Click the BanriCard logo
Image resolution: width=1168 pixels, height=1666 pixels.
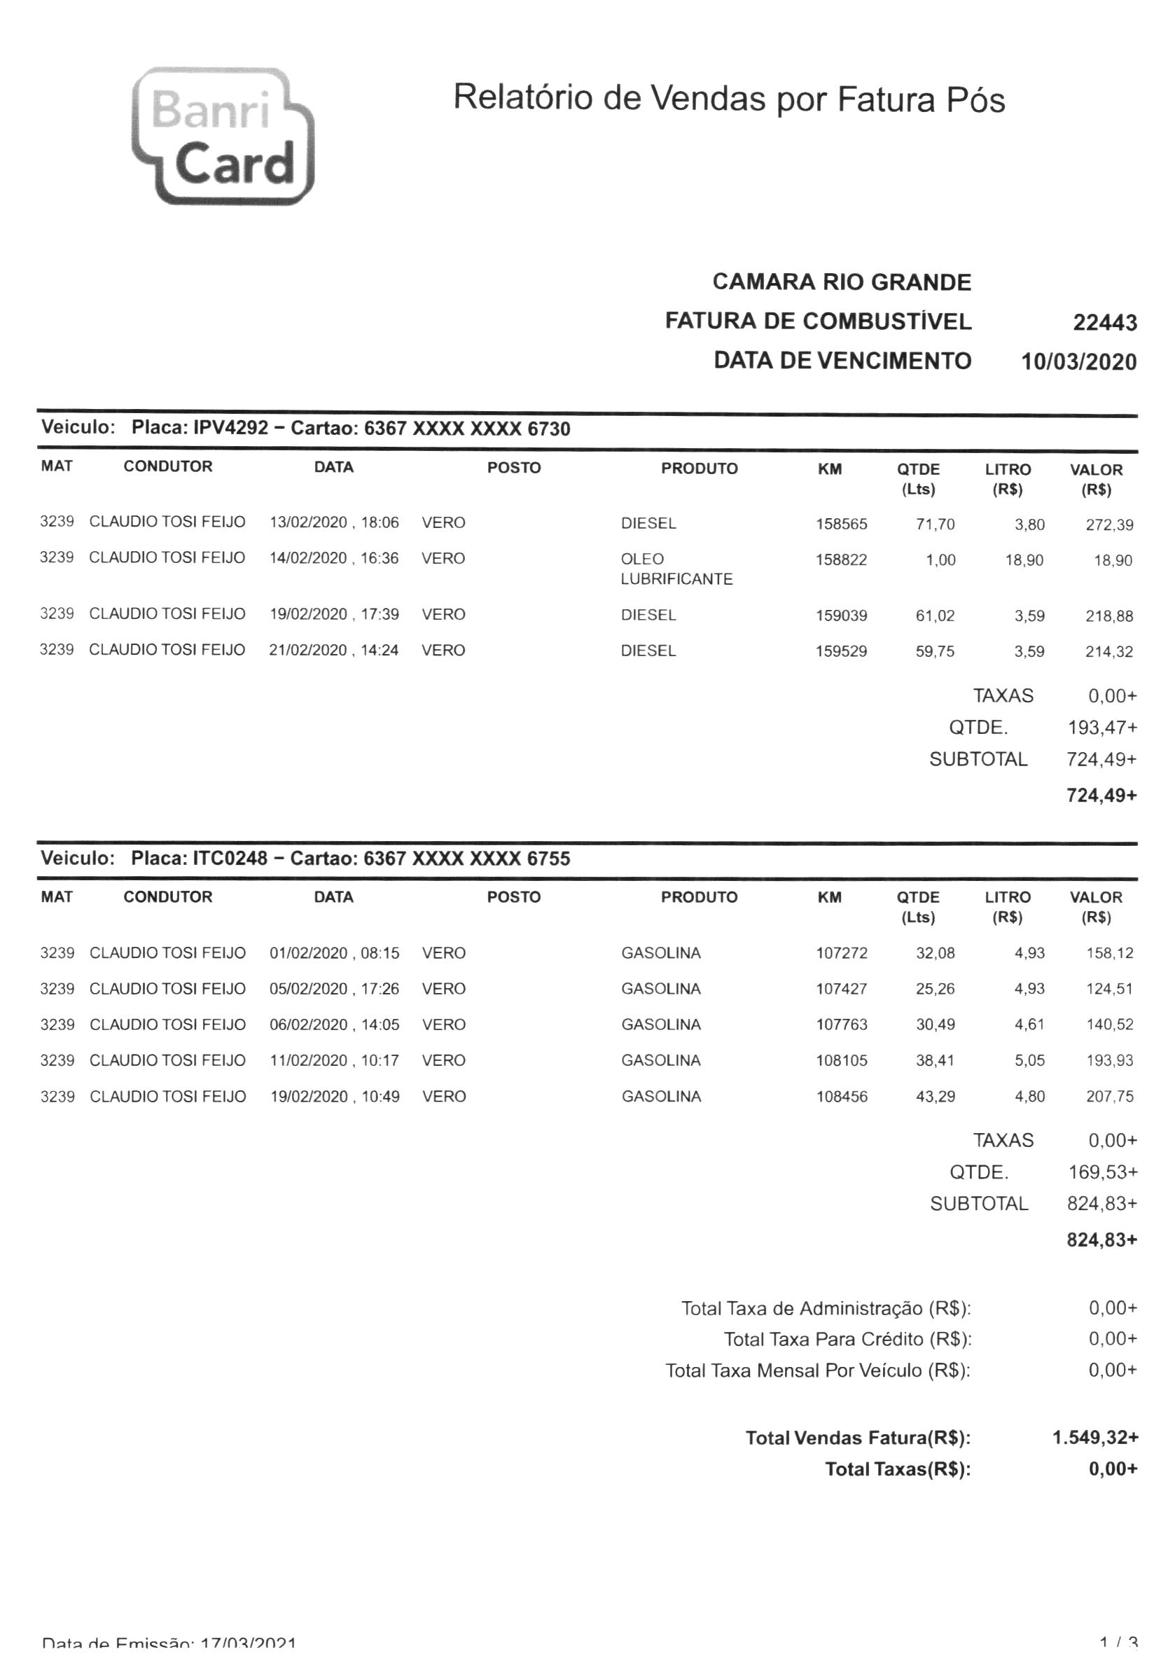click(222, 137)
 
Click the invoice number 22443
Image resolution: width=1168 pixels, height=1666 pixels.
click(1104, 322)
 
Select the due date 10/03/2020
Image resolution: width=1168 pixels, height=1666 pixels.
click(1078, 361)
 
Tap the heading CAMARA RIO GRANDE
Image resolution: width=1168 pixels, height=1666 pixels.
click(841, 282)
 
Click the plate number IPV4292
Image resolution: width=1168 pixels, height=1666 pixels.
click(230, 427)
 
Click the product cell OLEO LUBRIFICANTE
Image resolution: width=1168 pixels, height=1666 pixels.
click(676, 569)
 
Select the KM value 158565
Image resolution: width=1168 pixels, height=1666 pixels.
click(841, 524)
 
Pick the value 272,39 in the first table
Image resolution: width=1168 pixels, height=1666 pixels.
click(1108, 525)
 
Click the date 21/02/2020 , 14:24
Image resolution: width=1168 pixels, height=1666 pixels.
click(334, 650)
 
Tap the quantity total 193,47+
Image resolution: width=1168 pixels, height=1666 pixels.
click(1101, 727)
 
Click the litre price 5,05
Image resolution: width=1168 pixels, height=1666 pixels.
click(1029, 1060)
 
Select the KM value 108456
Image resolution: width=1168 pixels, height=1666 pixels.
click(841, 1097)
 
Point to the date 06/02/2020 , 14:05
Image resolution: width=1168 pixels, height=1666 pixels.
click(334, 1025)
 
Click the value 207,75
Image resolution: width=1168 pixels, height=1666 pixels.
click(1108, 1097)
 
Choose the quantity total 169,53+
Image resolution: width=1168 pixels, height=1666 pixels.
click(1102, 1172)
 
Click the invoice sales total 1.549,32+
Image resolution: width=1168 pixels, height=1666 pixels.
click(1094, 1438)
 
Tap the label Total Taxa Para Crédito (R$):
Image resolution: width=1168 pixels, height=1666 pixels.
click(847, 1339)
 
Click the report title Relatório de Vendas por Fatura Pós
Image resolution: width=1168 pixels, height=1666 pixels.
click(728, 99)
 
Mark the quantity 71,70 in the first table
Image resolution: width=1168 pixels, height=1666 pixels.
click(934, 524)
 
